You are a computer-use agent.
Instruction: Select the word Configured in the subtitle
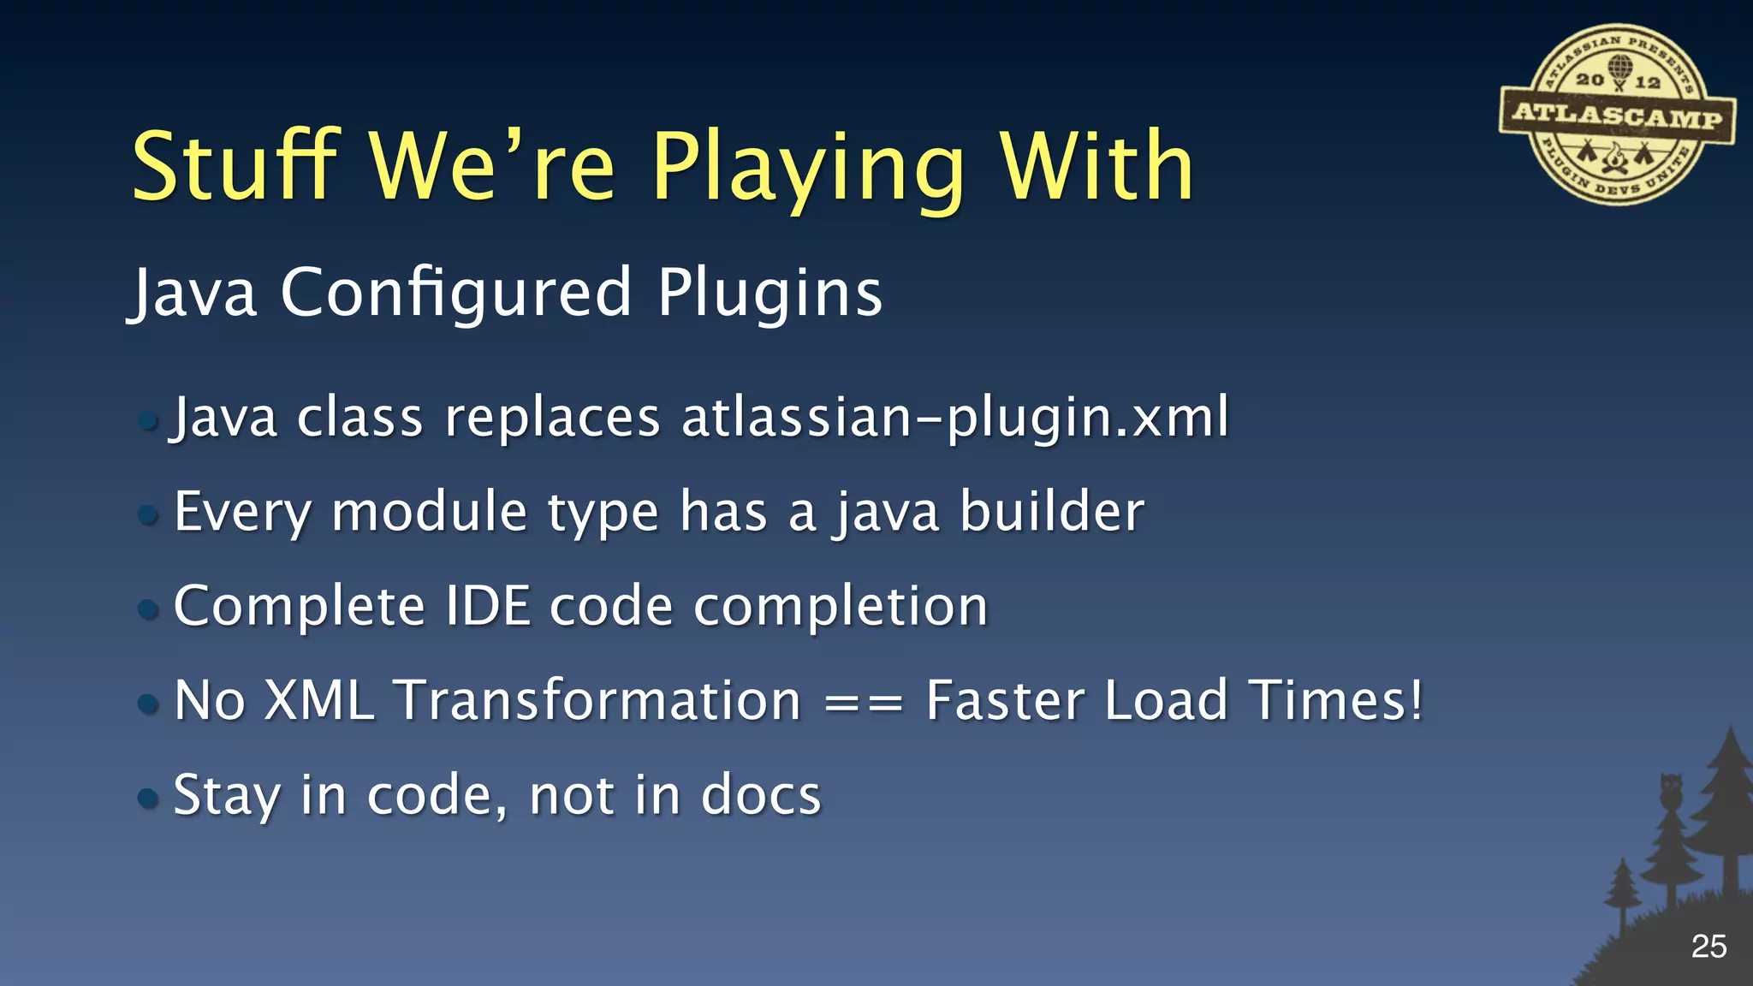click(456, 293)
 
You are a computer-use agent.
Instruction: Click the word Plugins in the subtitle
click(770, 293)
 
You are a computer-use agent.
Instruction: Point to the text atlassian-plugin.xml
click(955, 418)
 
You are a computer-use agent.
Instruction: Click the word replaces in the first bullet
click(552, 418)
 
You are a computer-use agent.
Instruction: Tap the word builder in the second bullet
click(1051, 512)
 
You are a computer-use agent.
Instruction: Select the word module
click(428, 512)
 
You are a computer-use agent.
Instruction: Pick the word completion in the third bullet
click(841, 606)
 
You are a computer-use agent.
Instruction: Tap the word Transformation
click(597, 700)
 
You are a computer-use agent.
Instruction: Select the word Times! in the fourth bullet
click(1336, 700)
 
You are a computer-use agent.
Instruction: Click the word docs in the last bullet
click(761, 795)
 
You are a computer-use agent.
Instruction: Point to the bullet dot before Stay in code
click(148, 799)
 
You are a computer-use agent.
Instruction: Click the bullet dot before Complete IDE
click(148, 609)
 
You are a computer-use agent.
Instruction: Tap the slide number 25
click(1708, 947)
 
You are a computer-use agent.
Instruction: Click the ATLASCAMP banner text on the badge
click(1617, 116)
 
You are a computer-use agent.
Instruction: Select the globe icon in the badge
click(1619, 67)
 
